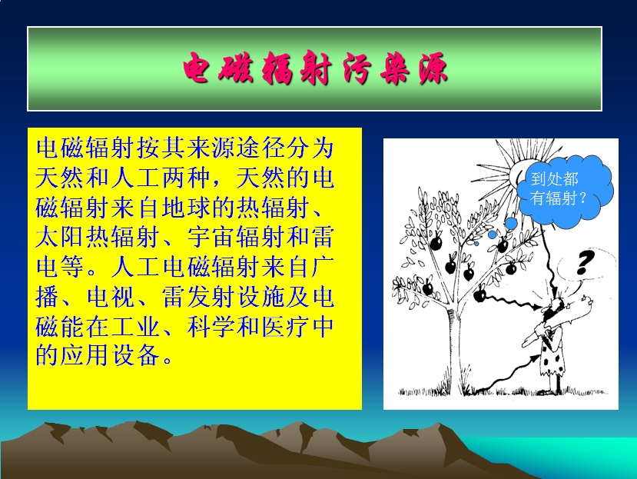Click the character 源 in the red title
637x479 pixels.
[433, 68]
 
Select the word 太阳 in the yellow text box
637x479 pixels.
[60, 237]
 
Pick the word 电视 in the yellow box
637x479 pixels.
[110, 297]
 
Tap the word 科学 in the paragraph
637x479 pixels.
[211, 327]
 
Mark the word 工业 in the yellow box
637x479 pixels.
[135, 327]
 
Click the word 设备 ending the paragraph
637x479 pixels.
[135, 355]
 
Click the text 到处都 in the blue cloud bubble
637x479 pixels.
[554, 178]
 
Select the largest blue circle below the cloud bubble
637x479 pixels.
[511, 223]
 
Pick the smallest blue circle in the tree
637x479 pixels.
[476, 243]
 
